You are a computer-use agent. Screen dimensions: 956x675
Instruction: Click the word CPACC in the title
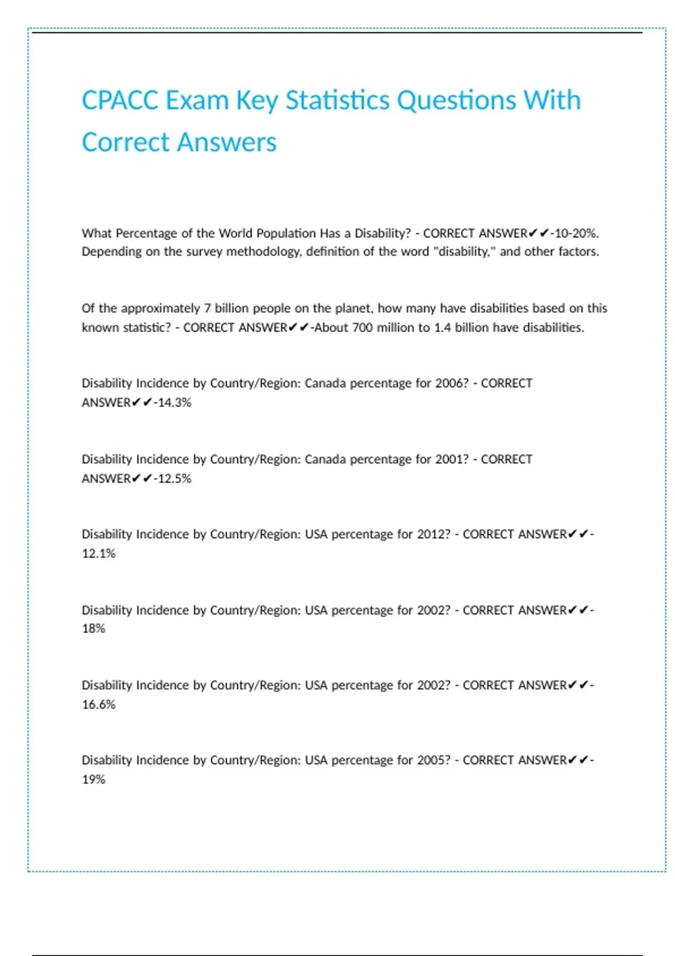click(x=119, y=101)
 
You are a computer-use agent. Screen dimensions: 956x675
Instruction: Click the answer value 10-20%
click(x=577, y=233)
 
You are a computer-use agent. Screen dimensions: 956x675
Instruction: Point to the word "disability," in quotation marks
click(x=466, y=252)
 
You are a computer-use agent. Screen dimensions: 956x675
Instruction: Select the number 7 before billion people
click(x=207, y=309)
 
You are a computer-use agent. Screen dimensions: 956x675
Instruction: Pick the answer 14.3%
click(x=174, y=403)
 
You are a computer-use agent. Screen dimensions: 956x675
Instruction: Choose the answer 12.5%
click(x=174, y=479)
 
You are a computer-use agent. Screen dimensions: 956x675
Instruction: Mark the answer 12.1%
click(x=98, y=553)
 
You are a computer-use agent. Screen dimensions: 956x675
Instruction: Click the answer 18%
click(x=93, y=629)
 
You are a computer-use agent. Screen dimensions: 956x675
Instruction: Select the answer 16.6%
click(x=98, y=705)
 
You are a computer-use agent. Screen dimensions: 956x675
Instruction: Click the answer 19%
click(x=93, y=779)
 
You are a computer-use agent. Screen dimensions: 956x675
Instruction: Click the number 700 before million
click(x=363, y=328)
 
